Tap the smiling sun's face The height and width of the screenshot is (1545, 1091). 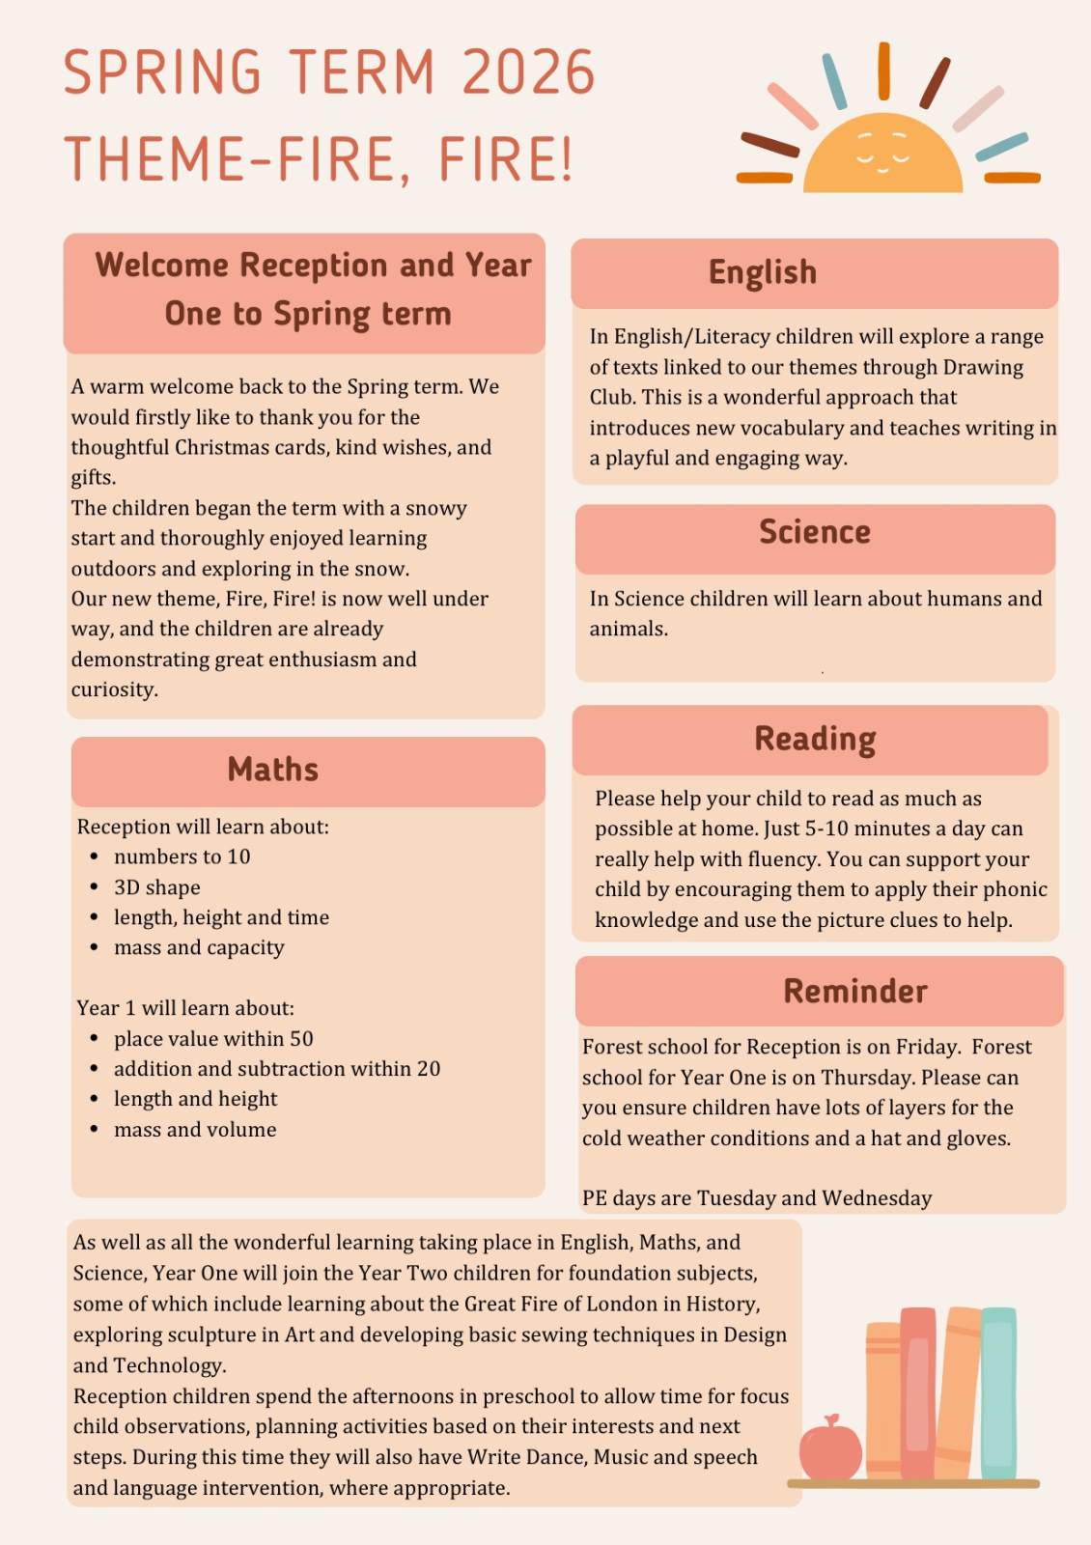883,154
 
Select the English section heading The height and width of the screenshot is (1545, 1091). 763,272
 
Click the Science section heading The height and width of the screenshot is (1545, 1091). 815,532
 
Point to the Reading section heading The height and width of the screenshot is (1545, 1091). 815,739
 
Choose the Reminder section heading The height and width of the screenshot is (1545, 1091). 855,991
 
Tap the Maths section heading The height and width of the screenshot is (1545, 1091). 273,770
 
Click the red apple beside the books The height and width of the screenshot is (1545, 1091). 830,1448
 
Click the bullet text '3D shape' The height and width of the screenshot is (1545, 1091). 157,887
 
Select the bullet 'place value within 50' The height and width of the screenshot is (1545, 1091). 213,1039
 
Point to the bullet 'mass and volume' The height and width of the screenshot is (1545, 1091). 195,1130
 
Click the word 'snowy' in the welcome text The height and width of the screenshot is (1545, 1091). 436,508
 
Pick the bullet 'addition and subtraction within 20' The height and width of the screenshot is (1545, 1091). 277,1069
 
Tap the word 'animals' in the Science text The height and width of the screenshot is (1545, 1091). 628,629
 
